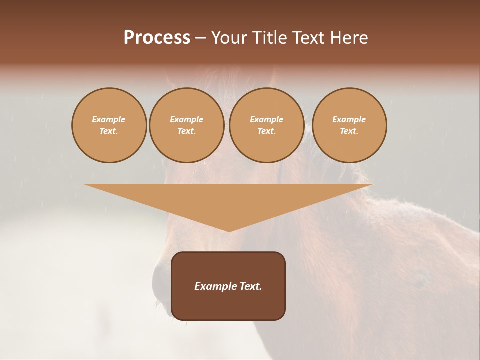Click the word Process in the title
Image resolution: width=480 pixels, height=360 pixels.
(157, 38)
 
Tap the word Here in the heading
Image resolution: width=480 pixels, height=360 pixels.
(348, 38)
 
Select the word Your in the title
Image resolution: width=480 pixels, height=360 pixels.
(230, 38)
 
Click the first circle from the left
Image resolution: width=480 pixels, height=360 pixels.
(109, 125)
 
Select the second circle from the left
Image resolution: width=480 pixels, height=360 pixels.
(186, 125)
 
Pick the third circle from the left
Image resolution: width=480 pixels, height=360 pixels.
(266, 125)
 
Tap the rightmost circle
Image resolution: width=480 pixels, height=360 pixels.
(349, 125)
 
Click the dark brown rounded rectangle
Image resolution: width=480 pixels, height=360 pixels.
(228, 305)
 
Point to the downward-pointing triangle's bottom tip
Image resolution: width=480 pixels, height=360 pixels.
(229, 231)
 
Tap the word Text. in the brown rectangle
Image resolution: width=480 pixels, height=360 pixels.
(250, 286)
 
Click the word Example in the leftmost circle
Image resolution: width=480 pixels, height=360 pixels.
(109, 119)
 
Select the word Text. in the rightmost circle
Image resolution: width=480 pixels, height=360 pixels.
(349, 131)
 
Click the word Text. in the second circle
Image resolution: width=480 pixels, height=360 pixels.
(186, 131)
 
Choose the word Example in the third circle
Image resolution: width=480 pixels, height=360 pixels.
(266, 119)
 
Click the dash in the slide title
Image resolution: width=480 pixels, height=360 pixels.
(200, 38)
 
